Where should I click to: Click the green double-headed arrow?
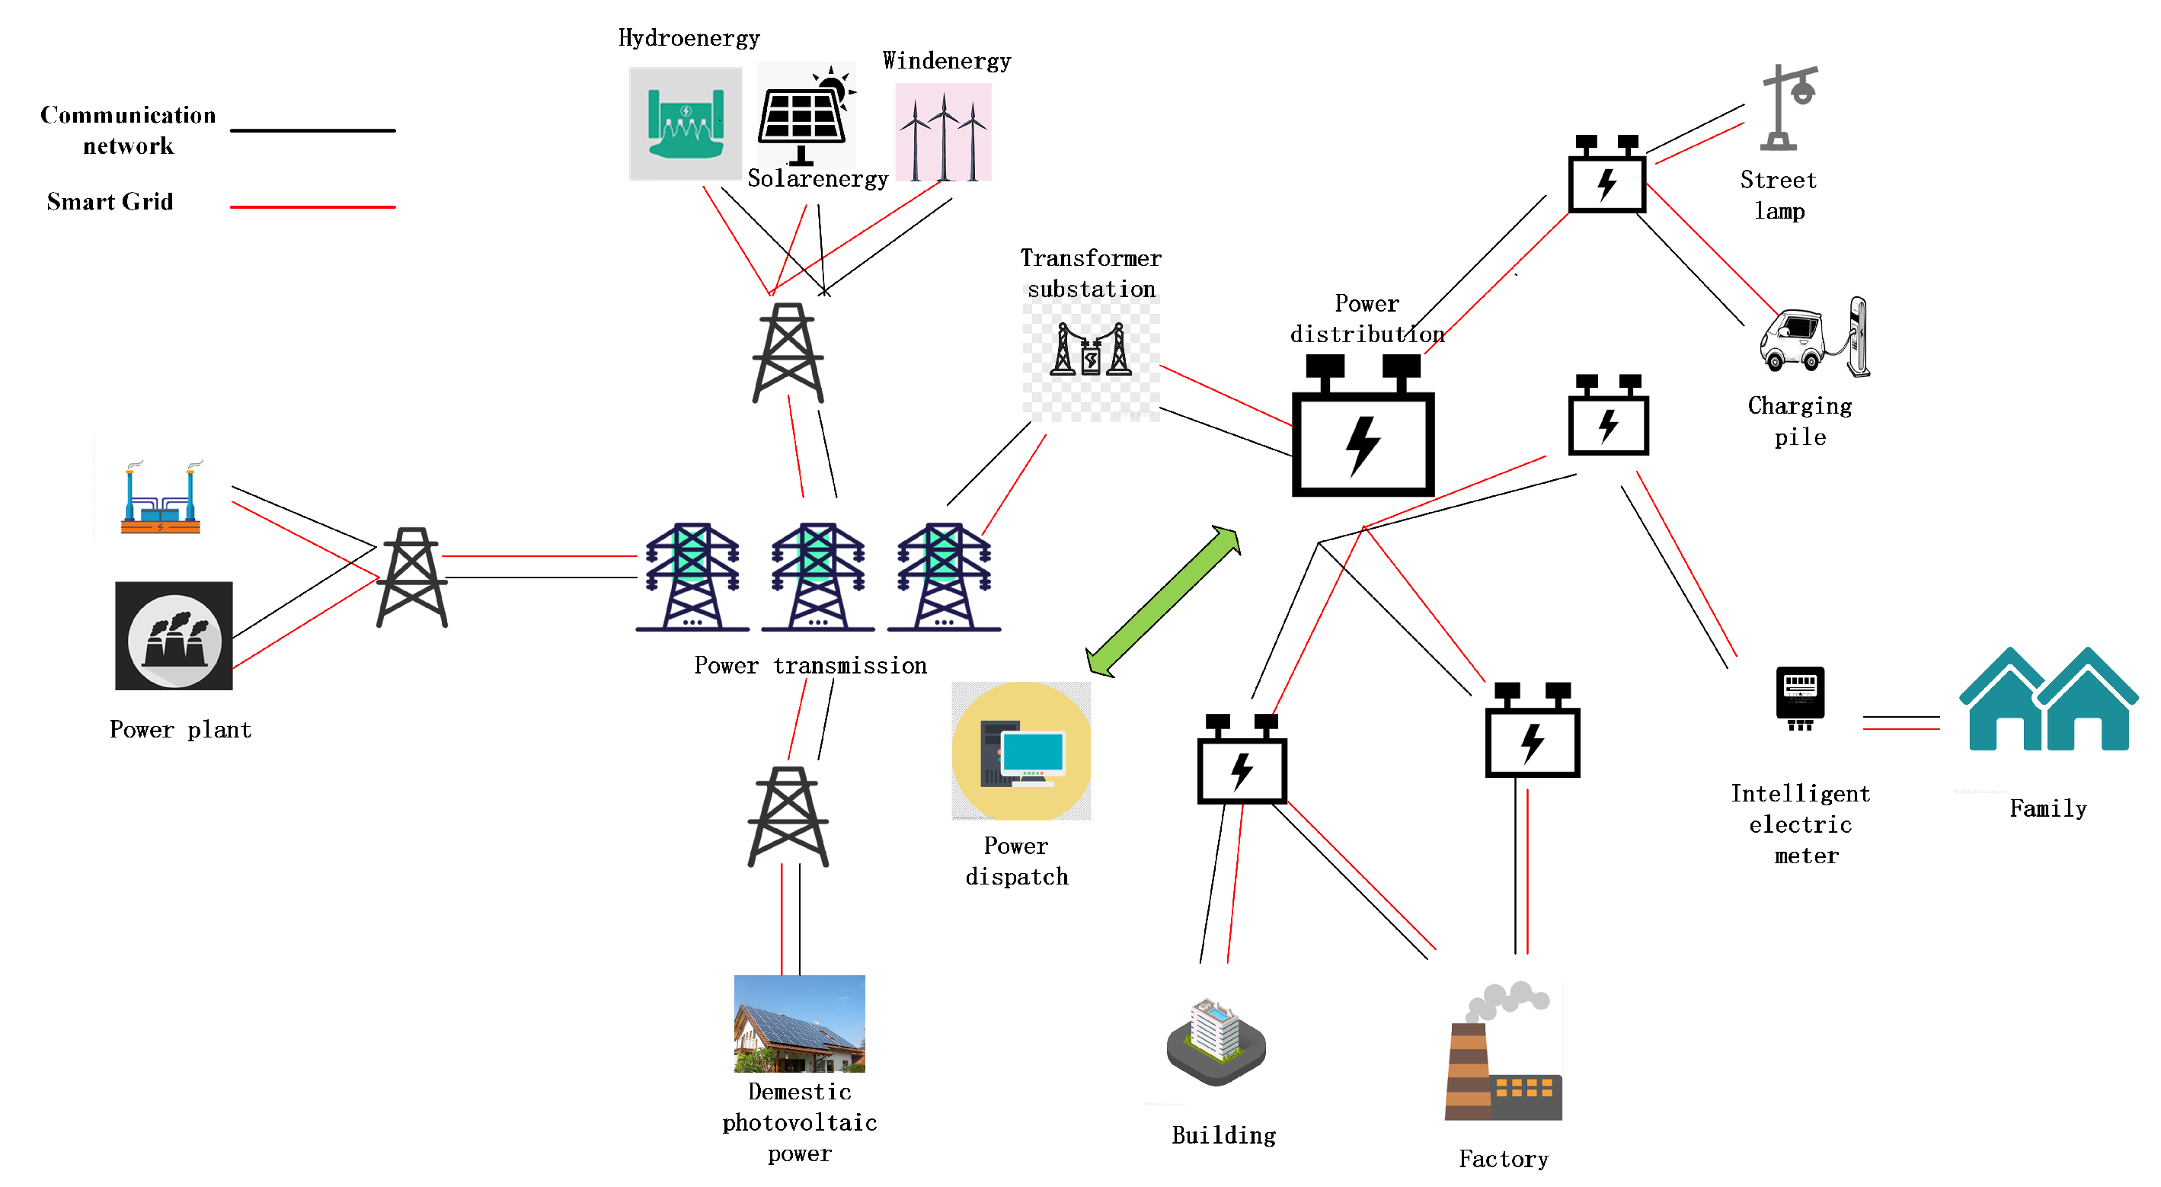coord(1162,601)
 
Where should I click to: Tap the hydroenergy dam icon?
coord(686,124)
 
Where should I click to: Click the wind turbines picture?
coord(943,133)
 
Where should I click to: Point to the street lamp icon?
coord(1787,107)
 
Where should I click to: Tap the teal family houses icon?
coord(2048,699)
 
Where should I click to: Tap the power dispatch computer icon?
coord(1021,750)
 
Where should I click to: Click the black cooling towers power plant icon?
coord(174,636)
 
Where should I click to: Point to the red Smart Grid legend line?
coord(312,206)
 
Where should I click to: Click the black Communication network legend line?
coord(312,130)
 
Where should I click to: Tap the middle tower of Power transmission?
coord(818,578)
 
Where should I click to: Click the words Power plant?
coord(181,730)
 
